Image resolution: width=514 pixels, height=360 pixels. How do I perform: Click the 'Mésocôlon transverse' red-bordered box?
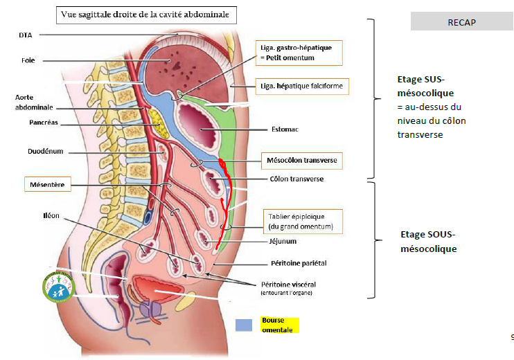click(301, 160)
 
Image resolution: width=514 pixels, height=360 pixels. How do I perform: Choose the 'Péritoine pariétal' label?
click(294, 263)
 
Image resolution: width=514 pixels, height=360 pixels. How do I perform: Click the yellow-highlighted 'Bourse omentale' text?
click(278, 325)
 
